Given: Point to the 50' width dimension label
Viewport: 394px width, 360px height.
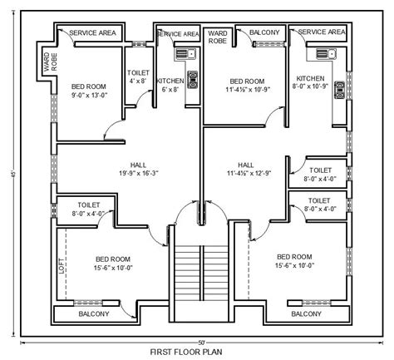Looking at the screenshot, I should tap(200, 341).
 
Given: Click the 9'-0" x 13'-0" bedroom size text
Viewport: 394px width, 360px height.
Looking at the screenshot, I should tap(89, 96).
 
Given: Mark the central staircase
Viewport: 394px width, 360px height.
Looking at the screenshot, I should tap(199, 274).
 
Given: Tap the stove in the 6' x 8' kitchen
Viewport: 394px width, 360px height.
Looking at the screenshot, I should tap(192, 80).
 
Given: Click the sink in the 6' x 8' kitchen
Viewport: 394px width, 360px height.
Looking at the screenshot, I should tap(183, 56).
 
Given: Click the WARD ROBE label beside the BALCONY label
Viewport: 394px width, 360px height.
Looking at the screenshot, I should tap(218, 36).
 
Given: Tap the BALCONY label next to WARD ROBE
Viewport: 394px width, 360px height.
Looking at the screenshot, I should tap(264, 32).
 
